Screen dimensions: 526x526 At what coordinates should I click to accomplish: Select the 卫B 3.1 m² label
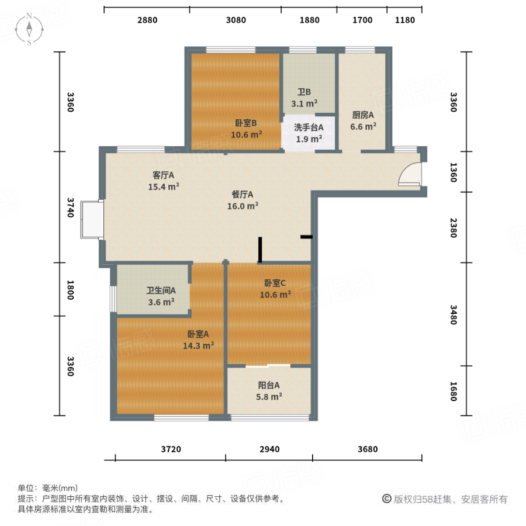click(304, 98)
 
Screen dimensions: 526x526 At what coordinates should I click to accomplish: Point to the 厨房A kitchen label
click(363, 120)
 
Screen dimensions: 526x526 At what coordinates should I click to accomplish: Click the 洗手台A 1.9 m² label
click(309, 133)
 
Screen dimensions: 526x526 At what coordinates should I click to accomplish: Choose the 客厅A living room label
click(163, 181)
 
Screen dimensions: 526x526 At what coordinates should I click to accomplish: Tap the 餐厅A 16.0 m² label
click(242, 200)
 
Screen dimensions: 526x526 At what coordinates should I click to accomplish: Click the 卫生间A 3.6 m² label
click(161, 296)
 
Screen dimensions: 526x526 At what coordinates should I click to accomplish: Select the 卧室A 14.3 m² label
click(198, 340)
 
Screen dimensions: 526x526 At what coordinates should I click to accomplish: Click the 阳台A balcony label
click(269, 390)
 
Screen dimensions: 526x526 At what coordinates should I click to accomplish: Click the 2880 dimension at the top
click(147, 20)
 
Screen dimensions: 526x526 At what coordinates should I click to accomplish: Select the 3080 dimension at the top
click(236, 20)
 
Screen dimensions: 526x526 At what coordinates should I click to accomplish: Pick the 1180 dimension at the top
click(404, 20)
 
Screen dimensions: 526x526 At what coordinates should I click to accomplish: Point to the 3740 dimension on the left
click(70, 207)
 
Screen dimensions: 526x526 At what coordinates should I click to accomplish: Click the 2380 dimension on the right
click(452, 227)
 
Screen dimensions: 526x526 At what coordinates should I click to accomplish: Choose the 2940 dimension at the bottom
click(269, 449)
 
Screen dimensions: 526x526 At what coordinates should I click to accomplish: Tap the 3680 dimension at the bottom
click(368, 449)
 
